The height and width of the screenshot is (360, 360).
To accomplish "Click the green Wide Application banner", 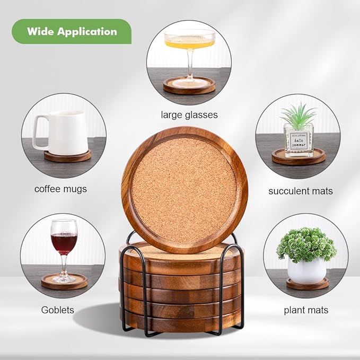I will pos(72,31).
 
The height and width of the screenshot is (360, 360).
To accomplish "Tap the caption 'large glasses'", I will pos(189,115).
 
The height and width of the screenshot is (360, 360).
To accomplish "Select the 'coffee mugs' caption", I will pos(60,189).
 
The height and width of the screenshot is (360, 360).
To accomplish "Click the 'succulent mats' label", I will pos(301,191).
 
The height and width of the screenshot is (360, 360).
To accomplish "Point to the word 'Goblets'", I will pos(58,310).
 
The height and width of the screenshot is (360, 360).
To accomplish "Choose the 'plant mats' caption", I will pos(306,310).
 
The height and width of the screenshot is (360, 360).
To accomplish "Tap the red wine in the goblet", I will pos(64,243).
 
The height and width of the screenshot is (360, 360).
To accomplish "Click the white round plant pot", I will pos(306,270).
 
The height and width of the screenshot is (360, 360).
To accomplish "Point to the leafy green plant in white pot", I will pos(306,244).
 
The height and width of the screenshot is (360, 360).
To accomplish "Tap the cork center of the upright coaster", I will pos(183,190).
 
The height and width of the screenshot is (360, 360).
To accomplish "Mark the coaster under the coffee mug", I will pos(67,156).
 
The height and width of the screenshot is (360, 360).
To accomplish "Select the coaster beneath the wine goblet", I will pos(64,282).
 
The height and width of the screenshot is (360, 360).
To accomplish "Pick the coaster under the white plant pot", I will pos(307,285).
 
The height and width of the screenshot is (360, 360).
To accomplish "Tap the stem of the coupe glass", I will pos(189,66).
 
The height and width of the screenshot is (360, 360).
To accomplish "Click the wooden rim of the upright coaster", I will pos(127,191).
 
